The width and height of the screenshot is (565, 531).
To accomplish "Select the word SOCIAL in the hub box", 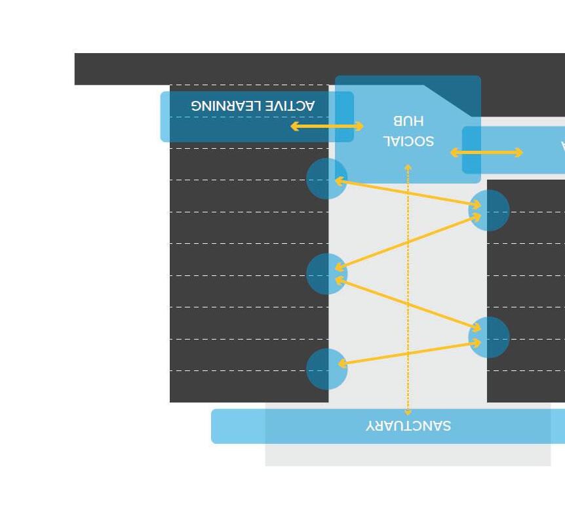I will coord(408,141).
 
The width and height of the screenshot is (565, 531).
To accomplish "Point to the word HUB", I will coord(408,121).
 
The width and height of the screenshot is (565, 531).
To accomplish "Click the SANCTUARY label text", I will coord(408,426).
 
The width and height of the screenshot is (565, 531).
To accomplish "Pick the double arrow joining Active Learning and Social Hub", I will coord(326,126).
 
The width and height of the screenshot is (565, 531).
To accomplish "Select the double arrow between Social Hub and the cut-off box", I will coord(486,153).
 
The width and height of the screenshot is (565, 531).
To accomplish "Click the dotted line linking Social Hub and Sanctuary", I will coord(408,288).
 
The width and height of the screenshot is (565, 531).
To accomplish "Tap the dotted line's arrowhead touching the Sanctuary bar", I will coord(408,412).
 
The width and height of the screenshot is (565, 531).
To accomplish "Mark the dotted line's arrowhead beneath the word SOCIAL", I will coord(408,168).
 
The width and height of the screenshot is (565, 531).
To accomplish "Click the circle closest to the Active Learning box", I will coord(326,178).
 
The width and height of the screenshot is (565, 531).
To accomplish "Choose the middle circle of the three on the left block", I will coord(326,274).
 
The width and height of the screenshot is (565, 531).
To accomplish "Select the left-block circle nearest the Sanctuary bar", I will coord(326,368).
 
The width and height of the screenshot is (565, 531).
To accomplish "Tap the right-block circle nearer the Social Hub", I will coord(489,210).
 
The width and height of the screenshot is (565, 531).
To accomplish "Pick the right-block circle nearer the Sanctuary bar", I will coord(489,338).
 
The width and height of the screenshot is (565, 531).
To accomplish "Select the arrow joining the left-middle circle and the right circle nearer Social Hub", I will coord(408,241).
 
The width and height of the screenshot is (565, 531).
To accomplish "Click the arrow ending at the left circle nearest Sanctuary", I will coord(408,353).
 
